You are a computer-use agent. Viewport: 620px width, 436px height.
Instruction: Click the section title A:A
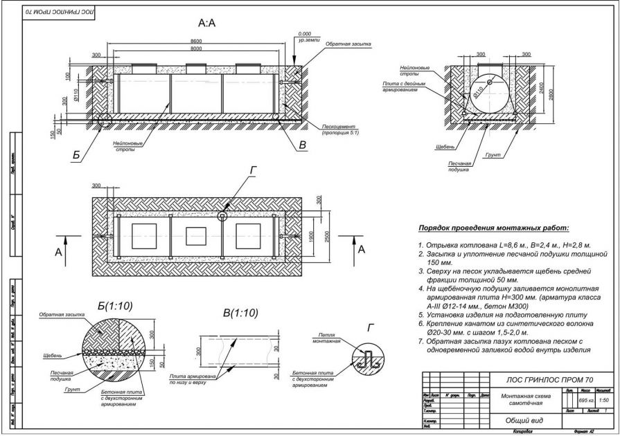pos(206,24)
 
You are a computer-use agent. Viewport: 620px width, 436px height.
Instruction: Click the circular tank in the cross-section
pos(490,95)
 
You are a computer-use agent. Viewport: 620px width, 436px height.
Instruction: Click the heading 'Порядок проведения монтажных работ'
pos(493,228)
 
